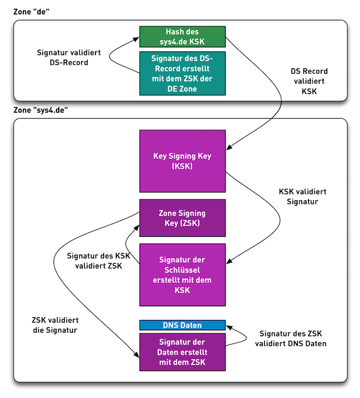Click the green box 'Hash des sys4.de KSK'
tap(182, 36)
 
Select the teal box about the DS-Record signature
tap(182, 73)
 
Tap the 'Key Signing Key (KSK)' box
tap(182, 161)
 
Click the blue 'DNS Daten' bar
tap(182, 325)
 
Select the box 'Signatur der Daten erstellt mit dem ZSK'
tap(182, 352)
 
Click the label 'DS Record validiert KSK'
tap(309, 82)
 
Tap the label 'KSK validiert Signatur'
tap(302, 198)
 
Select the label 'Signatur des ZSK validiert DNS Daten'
tap(293, 339)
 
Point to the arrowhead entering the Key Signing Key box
tap(229, 147)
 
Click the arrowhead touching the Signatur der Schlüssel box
tap(229, 262)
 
